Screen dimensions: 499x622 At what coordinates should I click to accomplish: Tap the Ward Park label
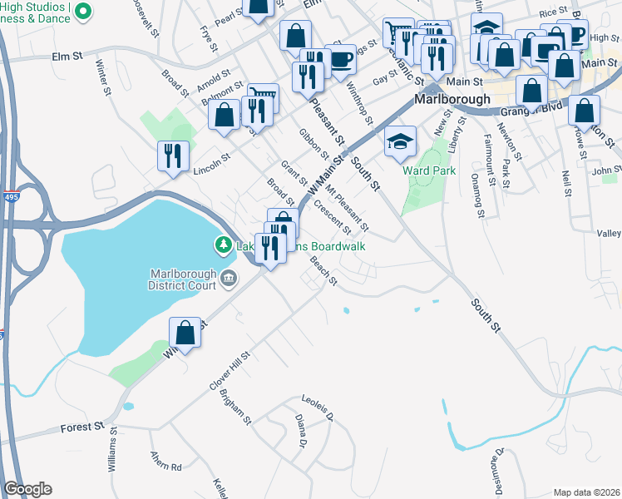[x=429, y=170]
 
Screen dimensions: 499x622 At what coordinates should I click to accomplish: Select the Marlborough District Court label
[x=182, y=280]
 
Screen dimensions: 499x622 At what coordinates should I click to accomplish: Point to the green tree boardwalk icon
[x=223, y=245]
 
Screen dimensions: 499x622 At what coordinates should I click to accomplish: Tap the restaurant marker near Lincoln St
[x=174, y=156]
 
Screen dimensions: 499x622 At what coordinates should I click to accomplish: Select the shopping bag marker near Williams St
[x=185, y=333]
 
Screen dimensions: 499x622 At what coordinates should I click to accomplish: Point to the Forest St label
[x=82, y=427]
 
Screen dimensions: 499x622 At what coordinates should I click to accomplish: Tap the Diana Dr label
[x=299, y=429]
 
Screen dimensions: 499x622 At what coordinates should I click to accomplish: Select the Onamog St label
[x=476, y=195]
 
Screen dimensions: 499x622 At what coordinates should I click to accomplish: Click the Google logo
[x=27, y=489]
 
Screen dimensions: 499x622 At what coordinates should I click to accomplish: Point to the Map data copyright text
[x=586, y=492]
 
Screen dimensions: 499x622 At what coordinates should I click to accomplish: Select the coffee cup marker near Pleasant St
[x=341, y=58]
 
